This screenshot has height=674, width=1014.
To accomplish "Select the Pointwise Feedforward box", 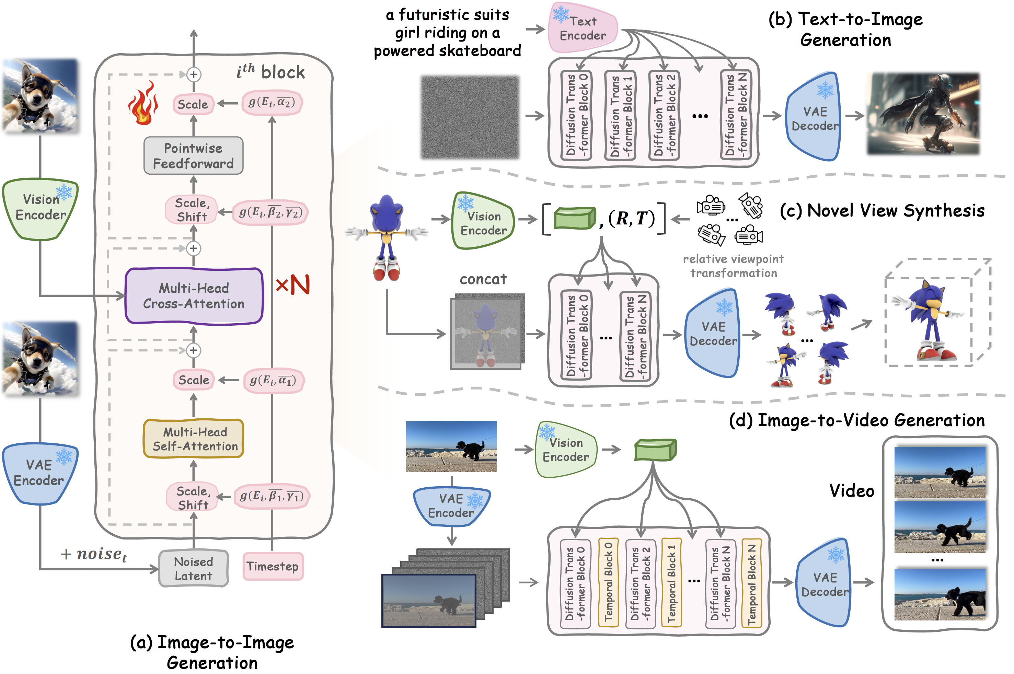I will coord(194,155).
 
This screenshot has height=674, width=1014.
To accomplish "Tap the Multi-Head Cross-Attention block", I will coord(194,296).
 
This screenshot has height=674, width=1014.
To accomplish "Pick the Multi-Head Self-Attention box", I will coord(194,439).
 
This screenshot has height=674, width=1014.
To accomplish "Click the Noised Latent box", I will coord(194,568).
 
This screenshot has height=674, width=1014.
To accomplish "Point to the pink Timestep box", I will coord(273,566).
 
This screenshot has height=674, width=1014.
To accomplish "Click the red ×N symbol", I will coord(292,285).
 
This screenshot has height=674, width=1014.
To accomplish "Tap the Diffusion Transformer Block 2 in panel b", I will coord(664,115).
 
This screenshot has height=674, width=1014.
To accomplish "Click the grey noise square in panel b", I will coord(470,117).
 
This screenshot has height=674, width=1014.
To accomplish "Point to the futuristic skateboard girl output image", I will coord(923,114).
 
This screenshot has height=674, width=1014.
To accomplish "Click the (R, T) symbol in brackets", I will coord(631,218).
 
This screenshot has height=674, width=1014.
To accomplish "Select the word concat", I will coord(483,279).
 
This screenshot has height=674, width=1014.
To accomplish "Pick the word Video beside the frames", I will coord(852,491).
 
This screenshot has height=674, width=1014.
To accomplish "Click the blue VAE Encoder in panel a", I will coord(39,473).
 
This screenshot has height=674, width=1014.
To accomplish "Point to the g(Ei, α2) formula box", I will coord(272,103).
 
